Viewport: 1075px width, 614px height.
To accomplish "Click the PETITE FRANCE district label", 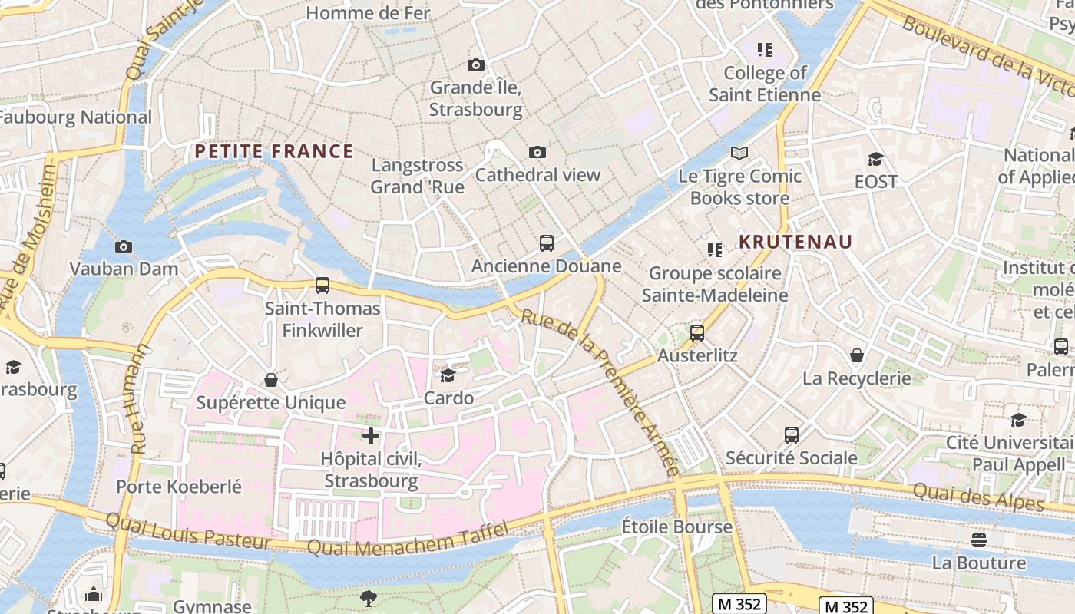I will click(x=273, y=151).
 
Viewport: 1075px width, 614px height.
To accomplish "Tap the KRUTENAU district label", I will click(x=795, y=242).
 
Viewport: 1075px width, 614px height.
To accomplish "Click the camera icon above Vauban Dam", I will click(x=123, y=247).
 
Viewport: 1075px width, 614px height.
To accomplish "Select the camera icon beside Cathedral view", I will click(x=537, y=153).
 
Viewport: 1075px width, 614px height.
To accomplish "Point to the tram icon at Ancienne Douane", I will click(x=546, y=243).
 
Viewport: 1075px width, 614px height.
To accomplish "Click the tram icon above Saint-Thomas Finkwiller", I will click(x=322, y=286).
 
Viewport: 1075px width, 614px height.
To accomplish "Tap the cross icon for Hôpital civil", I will click(x=371, y=436).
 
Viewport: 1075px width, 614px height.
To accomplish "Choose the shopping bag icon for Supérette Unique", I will click(x=271, y=380).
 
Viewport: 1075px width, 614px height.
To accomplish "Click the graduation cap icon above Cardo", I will click(x=448, y=375).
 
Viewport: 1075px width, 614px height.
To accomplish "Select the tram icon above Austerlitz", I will click(x=696, y=333).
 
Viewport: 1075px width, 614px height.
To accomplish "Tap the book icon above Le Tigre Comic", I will click(x=739, y=153).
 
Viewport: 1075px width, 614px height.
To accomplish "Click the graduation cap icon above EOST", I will click(x=875, y=160).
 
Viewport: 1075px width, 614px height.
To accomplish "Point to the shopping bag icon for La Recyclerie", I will click(x=856, y=355).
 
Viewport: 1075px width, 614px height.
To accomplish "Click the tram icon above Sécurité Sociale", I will click(x=792, y=435).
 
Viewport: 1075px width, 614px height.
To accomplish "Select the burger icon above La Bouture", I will click(x=978, y=540).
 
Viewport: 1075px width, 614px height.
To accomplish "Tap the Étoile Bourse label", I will click(x=676, y=527).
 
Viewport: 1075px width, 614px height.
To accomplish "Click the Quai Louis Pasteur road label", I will click(x=188, y=531).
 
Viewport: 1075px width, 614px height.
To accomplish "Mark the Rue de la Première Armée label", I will click(x=600, y=391).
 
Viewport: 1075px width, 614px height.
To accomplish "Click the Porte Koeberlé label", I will click(x=179, y=487).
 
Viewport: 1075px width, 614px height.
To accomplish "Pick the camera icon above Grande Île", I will click(x=476, y=65).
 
